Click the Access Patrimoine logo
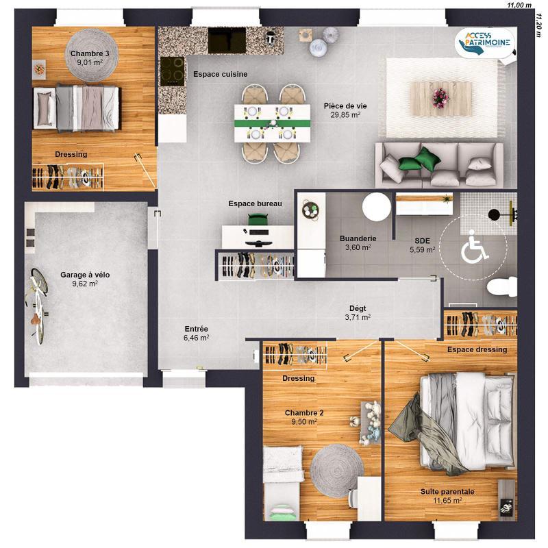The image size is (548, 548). pos(486,43)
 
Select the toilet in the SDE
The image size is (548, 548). pos(502,286)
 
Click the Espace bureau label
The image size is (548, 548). pos(256,203)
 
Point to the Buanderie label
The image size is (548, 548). pos(358,238)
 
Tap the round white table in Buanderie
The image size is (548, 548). pos(376,205)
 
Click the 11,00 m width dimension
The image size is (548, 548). pos(519,5)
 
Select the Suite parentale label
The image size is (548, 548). pos(447,491)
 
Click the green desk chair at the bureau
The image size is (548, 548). pos(257,219)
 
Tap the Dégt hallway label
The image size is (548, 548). pos(358,308)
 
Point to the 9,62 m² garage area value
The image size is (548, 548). pos(85,284)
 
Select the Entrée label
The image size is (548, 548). pos(196,329)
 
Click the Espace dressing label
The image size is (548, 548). pos(477,349)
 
